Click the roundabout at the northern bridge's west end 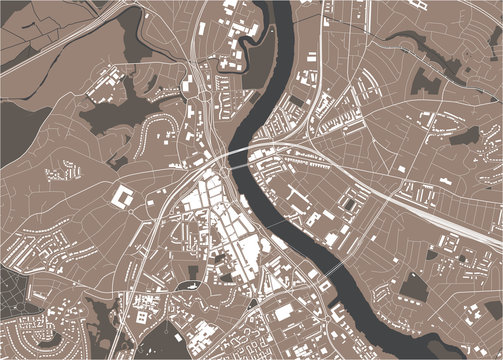[219, 159]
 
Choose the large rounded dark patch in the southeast [414, 288]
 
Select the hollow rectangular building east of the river [348, 204]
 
